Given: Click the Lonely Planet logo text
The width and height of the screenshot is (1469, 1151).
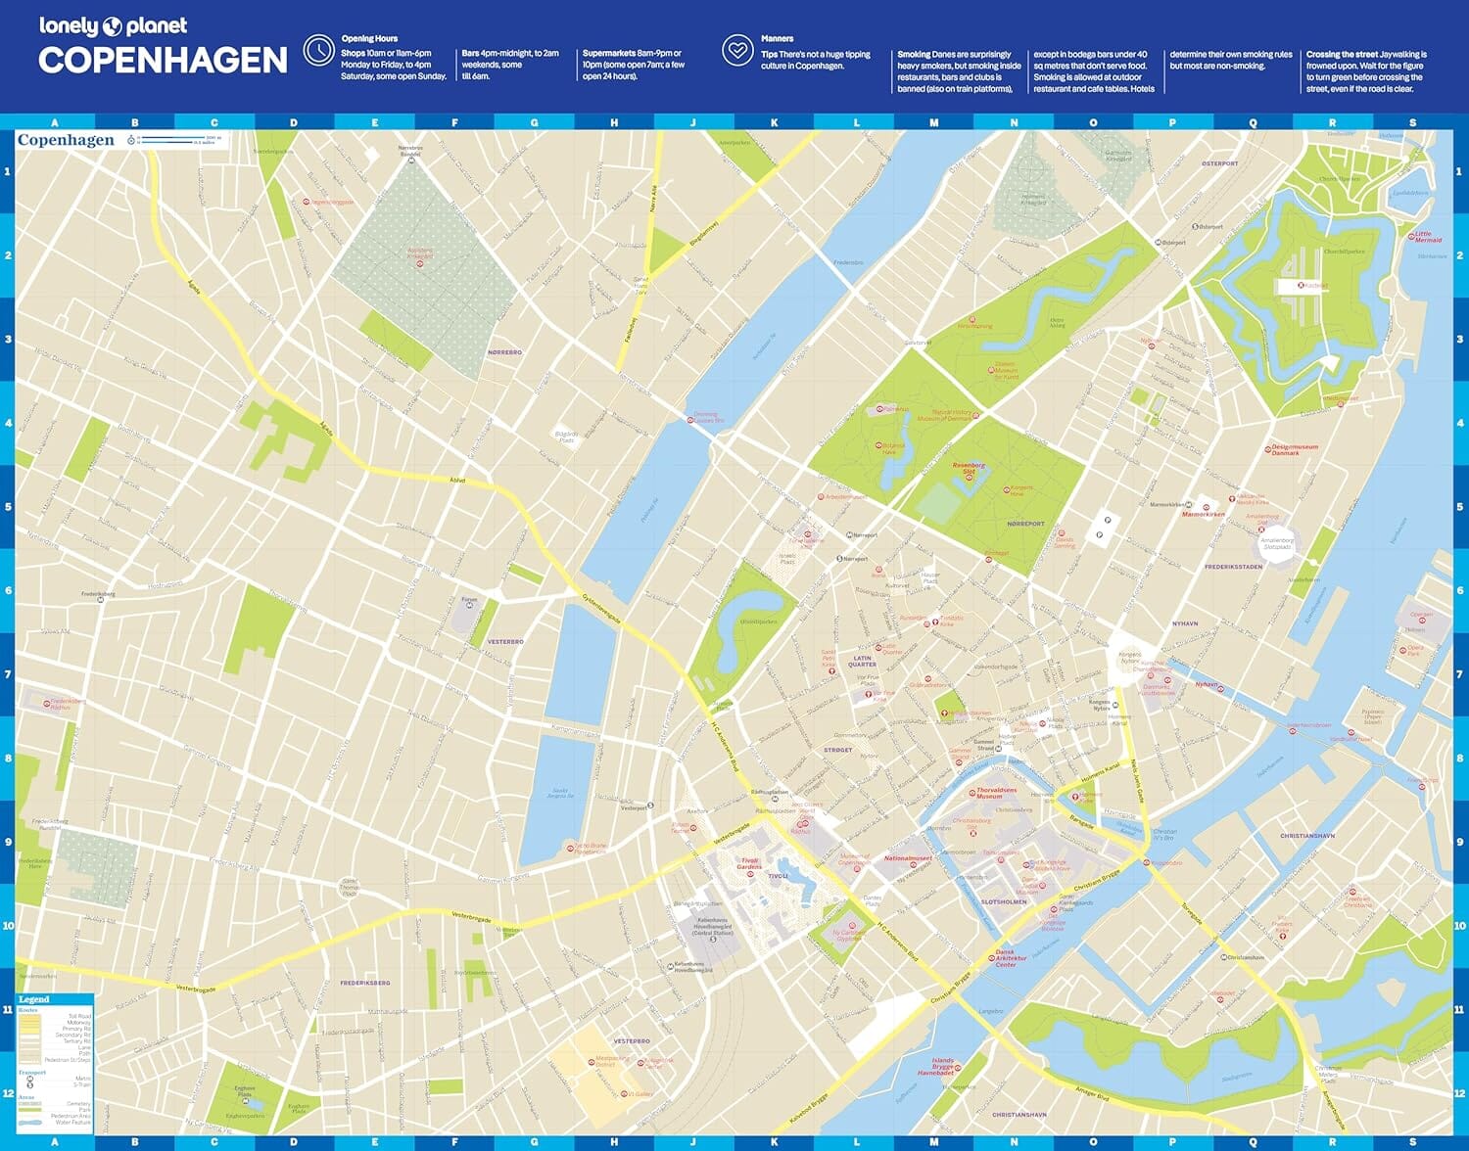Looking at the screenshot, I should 113,26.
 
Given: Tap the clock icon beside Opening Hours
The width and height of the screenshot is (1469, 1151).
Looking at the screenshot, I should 318,50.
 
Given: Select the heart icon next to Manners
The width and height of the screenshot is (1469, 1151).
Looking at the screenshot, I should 737,50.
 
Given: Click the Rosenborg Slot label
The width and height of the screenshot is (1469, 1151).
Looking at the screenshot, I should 969,469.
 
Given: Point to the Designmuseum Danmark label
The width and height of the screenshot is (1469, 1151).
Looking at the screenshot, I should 1295,450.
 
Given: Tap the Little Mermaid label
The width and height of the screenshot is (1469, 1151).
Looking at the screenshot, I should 1428,237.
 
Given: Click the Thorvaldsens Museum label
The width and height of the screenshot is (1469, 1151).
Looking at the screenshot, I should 996,793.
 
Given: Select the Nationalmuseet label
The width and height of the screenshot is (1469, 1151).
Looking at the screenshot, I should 908,858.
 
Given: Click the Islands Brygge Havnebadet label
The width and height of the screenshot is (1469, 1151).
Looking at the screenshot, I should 942,1066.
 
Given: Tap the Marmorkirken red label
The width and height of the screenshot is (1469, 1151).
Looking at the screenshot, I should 1203,514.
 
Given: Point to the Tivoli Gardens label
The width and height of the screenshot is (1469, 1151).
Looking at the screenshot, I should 749,864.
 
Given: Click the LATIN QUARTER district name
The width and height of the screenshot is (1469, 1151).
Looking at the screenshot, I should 862,662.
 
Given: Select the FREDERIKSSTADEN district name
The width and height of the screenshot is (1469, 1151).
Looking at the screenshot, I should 1233,567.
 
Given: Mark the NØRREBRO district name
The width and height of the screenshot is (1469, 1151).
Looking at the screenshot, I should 504,351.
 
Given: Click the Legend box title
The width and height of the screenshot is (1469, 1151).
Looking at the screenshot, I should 33,999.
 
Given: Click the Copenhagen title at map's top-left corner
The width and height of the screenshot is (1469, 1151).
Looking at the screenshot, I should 66,140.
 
